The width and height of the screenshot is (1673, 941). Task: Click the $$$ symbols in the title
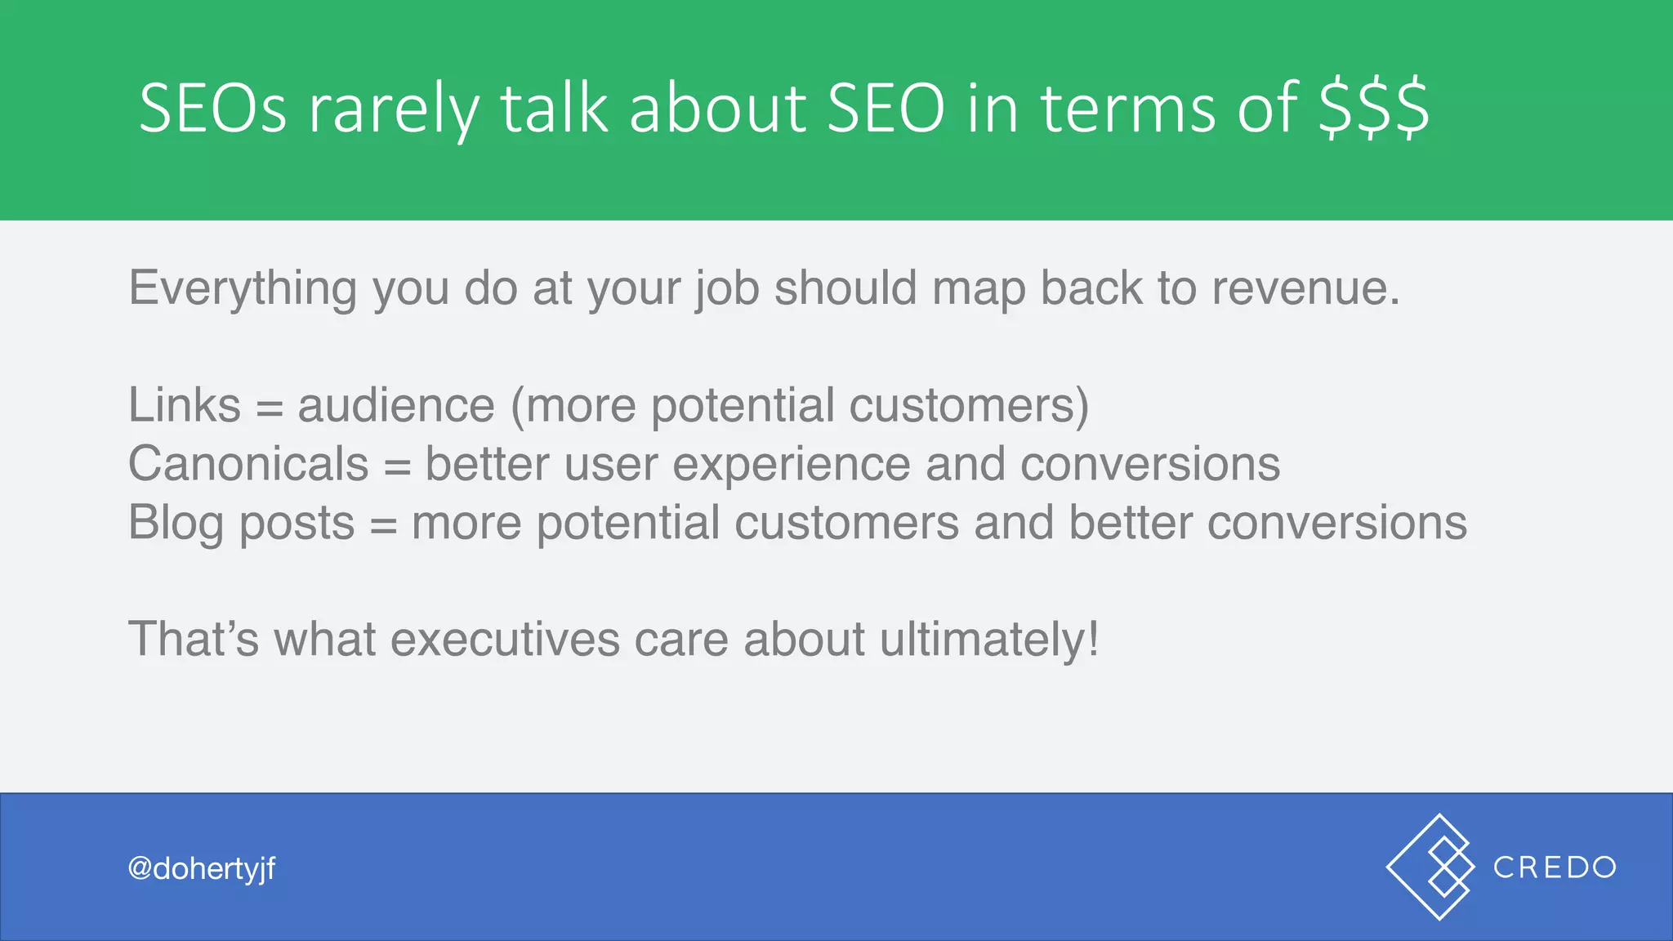pos(1374,108)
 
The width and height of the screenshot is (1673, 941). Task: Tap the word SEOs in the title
pos(212,108)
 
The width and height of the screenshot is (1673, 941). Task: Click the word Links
pos(185,405)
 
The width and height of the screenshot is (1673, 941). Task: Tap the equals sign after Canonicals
pos(397,466)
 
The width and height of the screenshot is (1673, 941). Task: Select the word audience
pos(396,405)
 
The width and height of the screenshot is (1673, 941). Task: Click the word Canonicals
pos(248,464)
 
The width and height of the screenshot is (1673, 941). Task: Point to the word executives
pos(505,639)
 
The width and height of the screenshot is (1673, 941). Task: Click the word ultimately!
pos(989,639)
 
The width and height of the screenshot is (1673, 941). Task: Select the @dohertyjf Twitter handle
pos(202,868)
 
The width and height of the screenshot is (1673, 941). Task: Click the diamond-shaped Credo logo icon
pos(1431,867)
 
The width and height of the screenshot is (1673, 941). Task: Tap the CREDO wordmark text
pos(1555,867)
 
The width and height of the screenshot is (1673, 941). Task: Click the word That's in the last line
pos(194,639)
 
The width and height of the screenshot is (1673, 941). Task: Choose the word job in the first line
pos(728,289)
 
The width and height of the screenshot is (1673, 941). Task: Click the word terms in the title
pos(1132,108)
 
